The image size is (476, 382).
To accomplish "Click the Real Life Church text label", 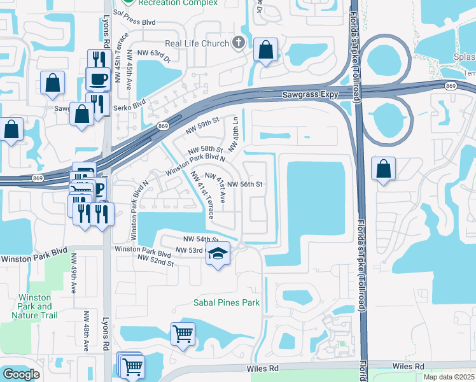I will click(197, 43).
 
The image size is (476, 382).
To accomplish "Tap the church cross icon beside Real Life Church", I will click(239, 43).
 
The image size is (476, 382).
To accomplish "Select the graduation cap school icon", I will click(218, 254).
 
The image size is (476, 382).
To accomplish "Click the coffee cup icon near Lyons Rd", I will click(97, 79).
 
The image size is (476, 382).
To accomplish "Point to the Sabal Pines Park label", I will click(227, 302).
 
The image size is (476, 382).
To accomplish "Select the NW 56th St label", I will click(245, 184).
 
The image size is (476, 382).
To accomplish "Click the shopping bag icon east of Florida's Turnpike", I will click(383, 169).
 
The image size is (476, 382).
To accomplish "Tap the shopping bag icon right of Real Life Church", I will click(265, 50).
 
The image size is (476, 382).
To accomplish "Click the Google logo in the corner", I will click(21, 374).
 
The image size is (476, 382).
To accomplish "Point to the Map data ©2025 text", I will click(449, 377).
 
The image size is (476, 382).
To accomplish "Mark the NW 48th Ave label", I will click(87, 330).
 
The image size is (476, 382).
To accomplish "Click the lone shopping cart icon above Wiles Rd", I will click(183, 332).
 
